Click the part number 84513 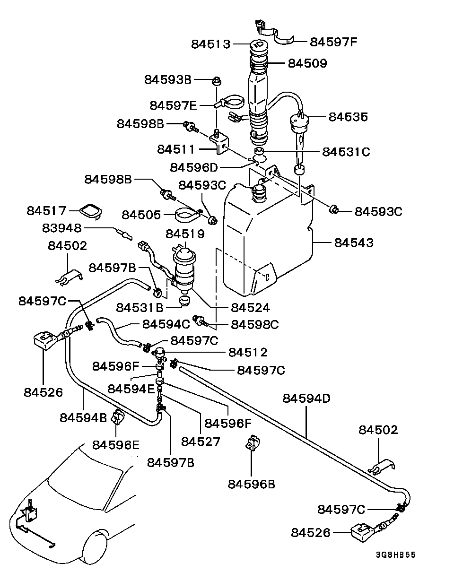click(x=210, y=44)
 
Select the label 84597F click(x=333, y=42)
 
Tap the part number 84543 click(x=354, y=243)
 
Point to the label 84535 click(x=348, y=117)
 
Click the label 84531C click(x=346, y=152)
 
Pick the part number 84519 click(x=185, y=234)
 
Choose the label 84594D click(x=306, y=398)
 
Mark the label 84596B click(x=251, y=484)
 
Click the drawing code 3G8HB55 click(x=396, y=555)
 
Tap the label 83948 click(x=62, y=228)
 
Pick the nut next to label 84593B click(x=217, y=80)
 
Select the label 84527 click(x=201, y=441)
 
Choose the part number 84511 click(x=176, y=149)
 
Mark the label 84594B click(x=83, y=417)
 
